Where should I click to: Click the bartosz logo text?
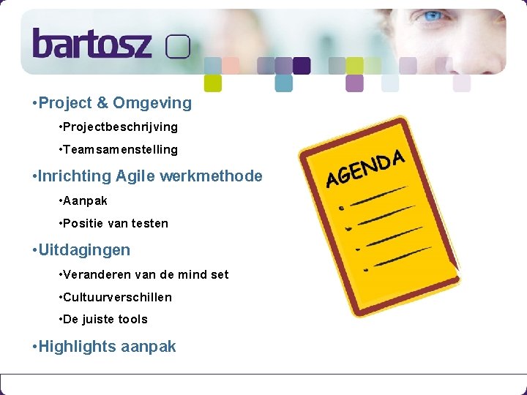tap(91, 44)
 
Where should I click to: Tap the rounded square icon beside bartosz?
tap(178, 48)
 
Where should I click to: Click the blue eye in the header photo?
tap(433, 15)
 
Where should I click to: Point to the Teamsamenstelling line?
tap(120, 150)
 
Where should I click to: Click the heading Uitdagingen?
tap(84, 250)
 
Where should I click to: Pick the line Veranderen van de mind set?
tap(146, 275)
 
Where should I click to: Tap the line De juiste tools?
tap(105, 320)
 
